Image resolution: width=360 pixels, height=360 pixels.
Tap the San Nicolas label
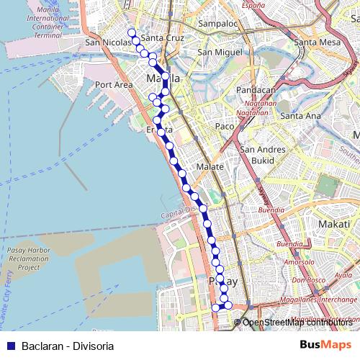point(107,42)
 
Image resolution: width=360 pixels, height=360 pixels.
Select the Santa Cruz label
point(164,37)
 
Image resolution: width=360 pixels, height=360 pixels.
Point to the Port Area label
point(114,84)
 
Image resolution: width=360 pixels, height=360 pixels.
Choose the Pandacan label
point(257,90)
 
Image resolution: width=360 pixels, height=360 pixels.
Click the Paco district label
point(225,126)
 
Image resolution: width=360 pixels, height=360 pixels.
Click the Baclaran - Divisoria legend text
point(68,346)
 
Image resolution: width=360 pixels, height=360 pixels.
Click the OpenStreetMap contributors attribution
point(297,323)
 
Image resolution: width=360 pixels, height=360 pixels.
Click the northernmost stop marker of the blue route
point(132,32)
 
